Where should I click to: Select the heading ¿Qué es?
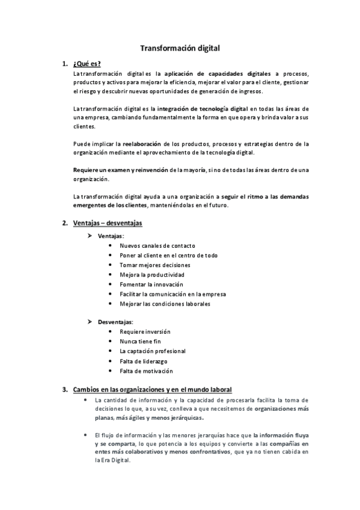pyautogui.click(x=87, y=64)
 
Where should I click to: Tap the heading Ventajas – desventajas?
pyautogui.click(x=107, y=223)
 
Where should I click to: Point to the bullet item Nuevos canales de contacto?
pyautogui.click(x=157, y=245)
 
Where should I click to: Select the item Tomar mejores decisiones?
pyautogui.click(x=154, y=265)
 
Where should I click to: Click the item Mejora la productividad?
pyautogui.click(x=152, y=275)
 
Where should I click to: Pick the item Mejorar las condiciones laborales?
pyautogui.click(x=165, y=304)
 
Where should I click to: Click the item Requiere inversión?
pyautogui.click(x=145, y=331)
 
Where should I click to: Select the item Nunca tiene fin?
pyautogui.click(x=140, y=341)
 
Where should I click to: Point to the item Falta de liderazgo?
pyautogui.click(x=143, y=361)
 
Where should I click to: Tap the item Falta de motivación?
pyautogui.click(x=145, y=370)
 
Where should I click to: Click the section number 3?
pyautogui.click(x=65, y=389)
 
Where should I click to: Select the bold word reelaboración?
pyautogui.click(x=142, y=144)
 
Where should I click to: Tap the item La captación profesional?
pyautogui.click(x=153, y=351)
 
